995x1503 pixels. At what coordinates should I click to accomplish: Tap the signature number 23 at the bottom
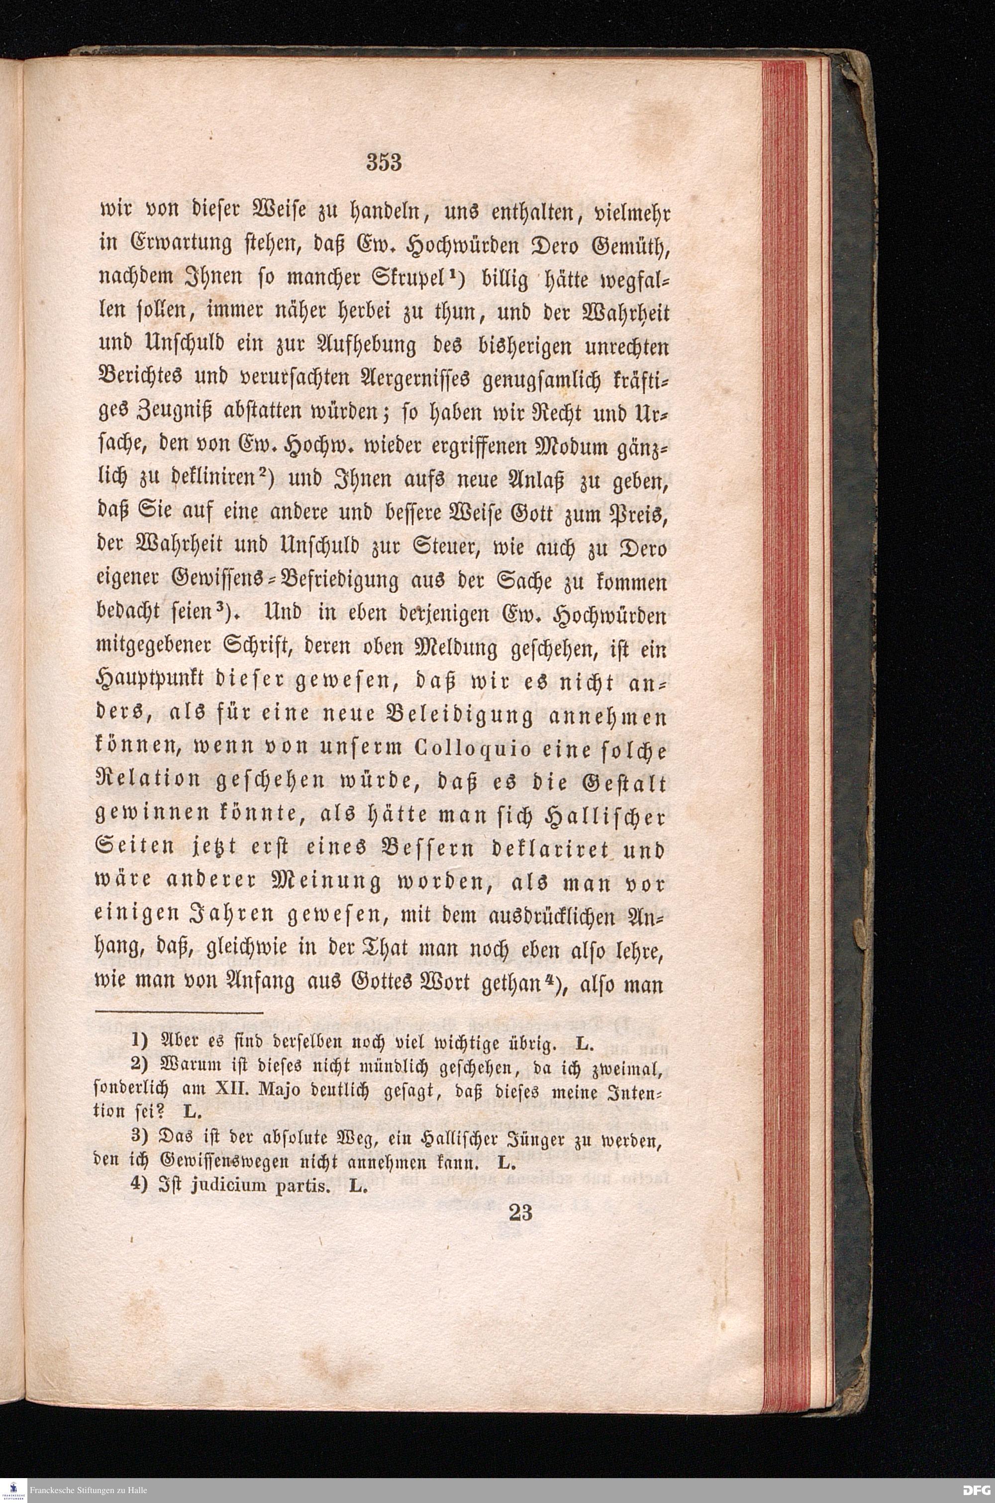pos(520,1213)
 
